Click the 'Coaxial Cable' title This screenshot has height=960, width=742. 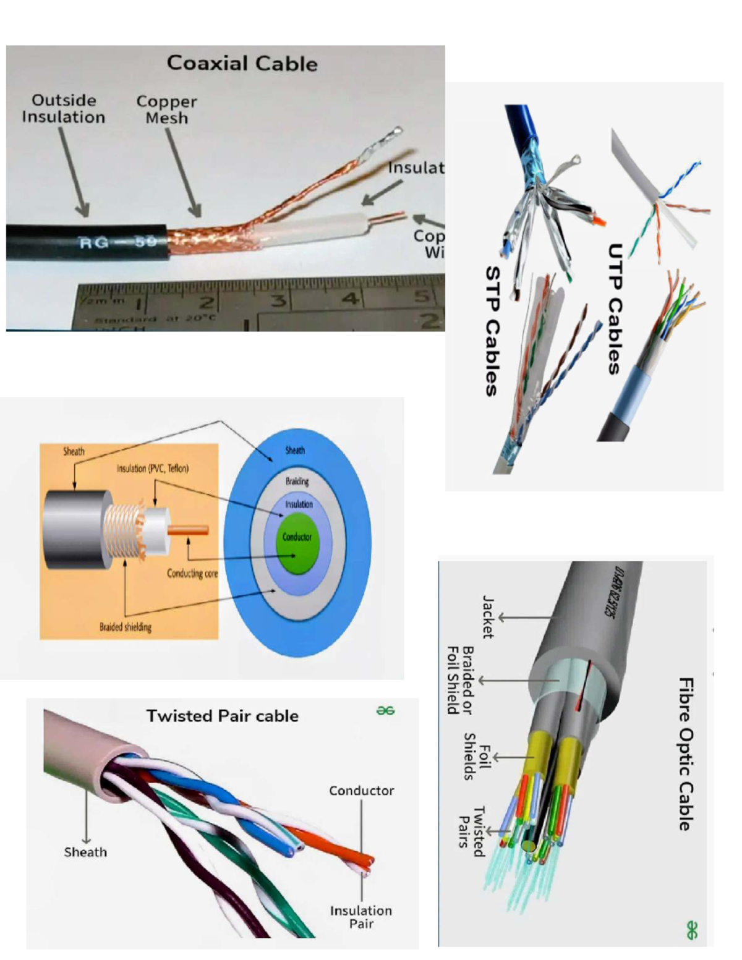pos(242,63)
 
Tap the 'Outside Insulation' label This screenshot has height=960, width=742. pos(64,109)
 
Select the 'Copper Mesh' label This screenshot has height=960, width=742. pos(166,109)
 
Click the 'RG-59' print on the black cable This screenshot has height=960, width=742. pos(118,242)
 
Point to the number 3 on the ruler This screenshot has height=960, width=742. pos(279,300)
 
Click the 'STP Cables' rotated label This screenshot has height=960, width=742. pos(492,331)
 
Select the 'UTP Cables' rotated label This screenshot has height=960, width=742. pos(614,308)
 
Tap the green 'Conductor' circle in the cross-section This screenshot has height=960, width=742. pos(297,538)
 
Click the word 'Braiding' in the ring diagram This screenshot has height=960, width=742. pos(297,481)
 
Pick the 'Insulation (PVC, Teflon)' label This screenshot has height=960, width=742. pos(153,469)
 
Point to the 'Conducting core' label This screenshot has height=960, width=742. pos(192,574)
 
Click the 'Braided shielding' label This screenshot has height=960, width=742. pos(126,627)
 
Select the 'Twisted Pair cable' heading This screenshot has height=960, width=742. pos(222,716)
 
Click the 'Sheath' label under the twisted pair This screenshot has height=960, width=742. pos(85,852)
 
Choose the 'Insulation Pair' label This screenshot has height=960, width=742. pos(361,917)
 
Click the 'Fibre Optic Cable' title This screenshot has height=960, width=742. pos(686,754)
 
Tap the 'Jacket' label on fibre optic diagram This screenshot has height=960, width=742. pos(488,616)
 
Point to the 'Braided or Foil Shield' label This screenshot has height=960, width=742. pos(461,680)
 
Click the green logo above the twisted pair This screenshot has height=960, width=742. pos(385,711)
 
